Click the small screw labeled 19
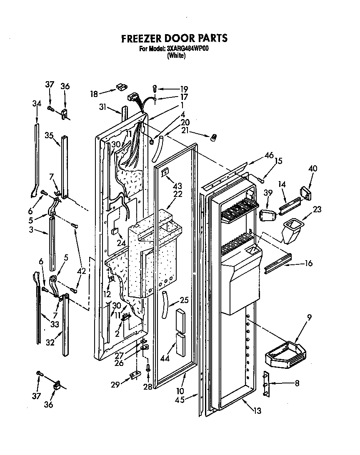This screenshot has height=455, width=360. (x=155, y=88)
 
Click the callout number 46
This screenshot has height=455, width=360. (x=269, y=155)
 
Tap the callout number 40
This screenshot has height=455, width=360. (x=312, y=169)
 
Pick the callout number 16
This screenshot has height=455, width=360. (x=308, y=263)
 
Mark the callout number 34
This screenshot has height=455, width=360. (x=36, y=103)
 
